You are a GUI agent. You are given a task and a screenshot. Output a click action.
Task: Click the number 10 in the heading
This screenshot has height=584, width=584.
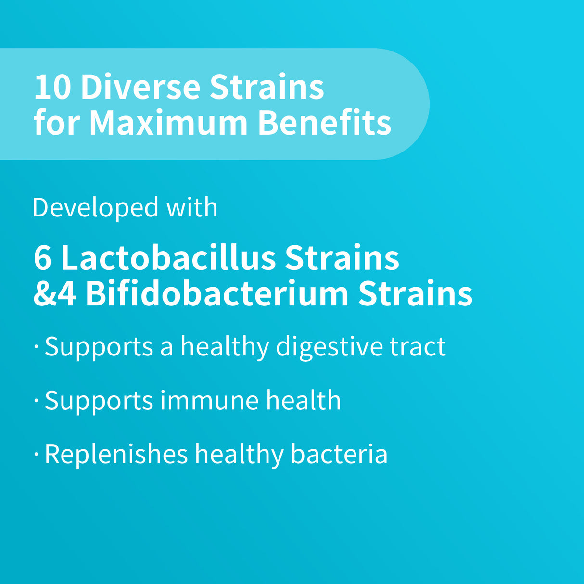[52, 87]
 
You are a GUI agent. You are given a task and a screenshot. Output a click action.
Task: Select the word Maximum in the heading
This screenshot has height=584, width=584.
[168, 123]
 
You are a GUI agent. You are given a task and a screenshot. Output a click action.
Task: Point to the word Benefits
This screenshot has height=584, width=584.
[324, 123]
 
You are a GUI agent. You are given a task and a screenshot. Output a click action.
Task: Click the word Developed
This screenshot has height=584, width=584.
[95, 208]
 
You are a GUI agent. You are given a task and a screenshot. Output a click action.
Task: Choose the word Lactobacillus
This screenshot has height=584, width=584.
[168, 258]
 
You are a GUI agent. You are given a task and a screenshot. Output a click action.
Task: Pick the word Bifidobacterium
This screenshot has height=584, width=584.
[216, 293]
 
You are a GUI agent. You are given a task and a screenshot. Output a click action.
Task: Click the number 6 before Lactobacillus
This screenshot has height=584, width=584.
[42, 258]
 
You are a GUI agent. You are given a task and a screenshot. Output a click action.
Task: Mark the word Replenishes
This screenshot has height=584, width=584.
[116, 454]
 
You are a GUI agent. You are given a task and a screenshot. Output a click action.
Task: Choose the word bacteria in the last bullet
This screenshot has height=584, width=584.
[339, 454]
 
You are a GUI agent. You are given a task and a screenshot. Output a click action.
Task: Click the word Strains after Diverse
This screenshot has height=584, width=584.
[267, 87]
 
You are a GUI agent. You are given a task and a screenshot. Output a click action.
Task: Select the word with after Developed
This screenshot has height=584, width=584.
[191, 208]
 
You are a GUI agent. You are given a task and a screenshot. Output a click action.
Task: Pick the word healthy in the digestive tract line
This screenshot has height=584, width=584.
[224, 347]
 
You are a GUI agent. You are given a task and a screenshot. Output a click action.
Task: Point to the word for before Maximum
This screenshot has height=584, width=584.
[57, 123]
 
